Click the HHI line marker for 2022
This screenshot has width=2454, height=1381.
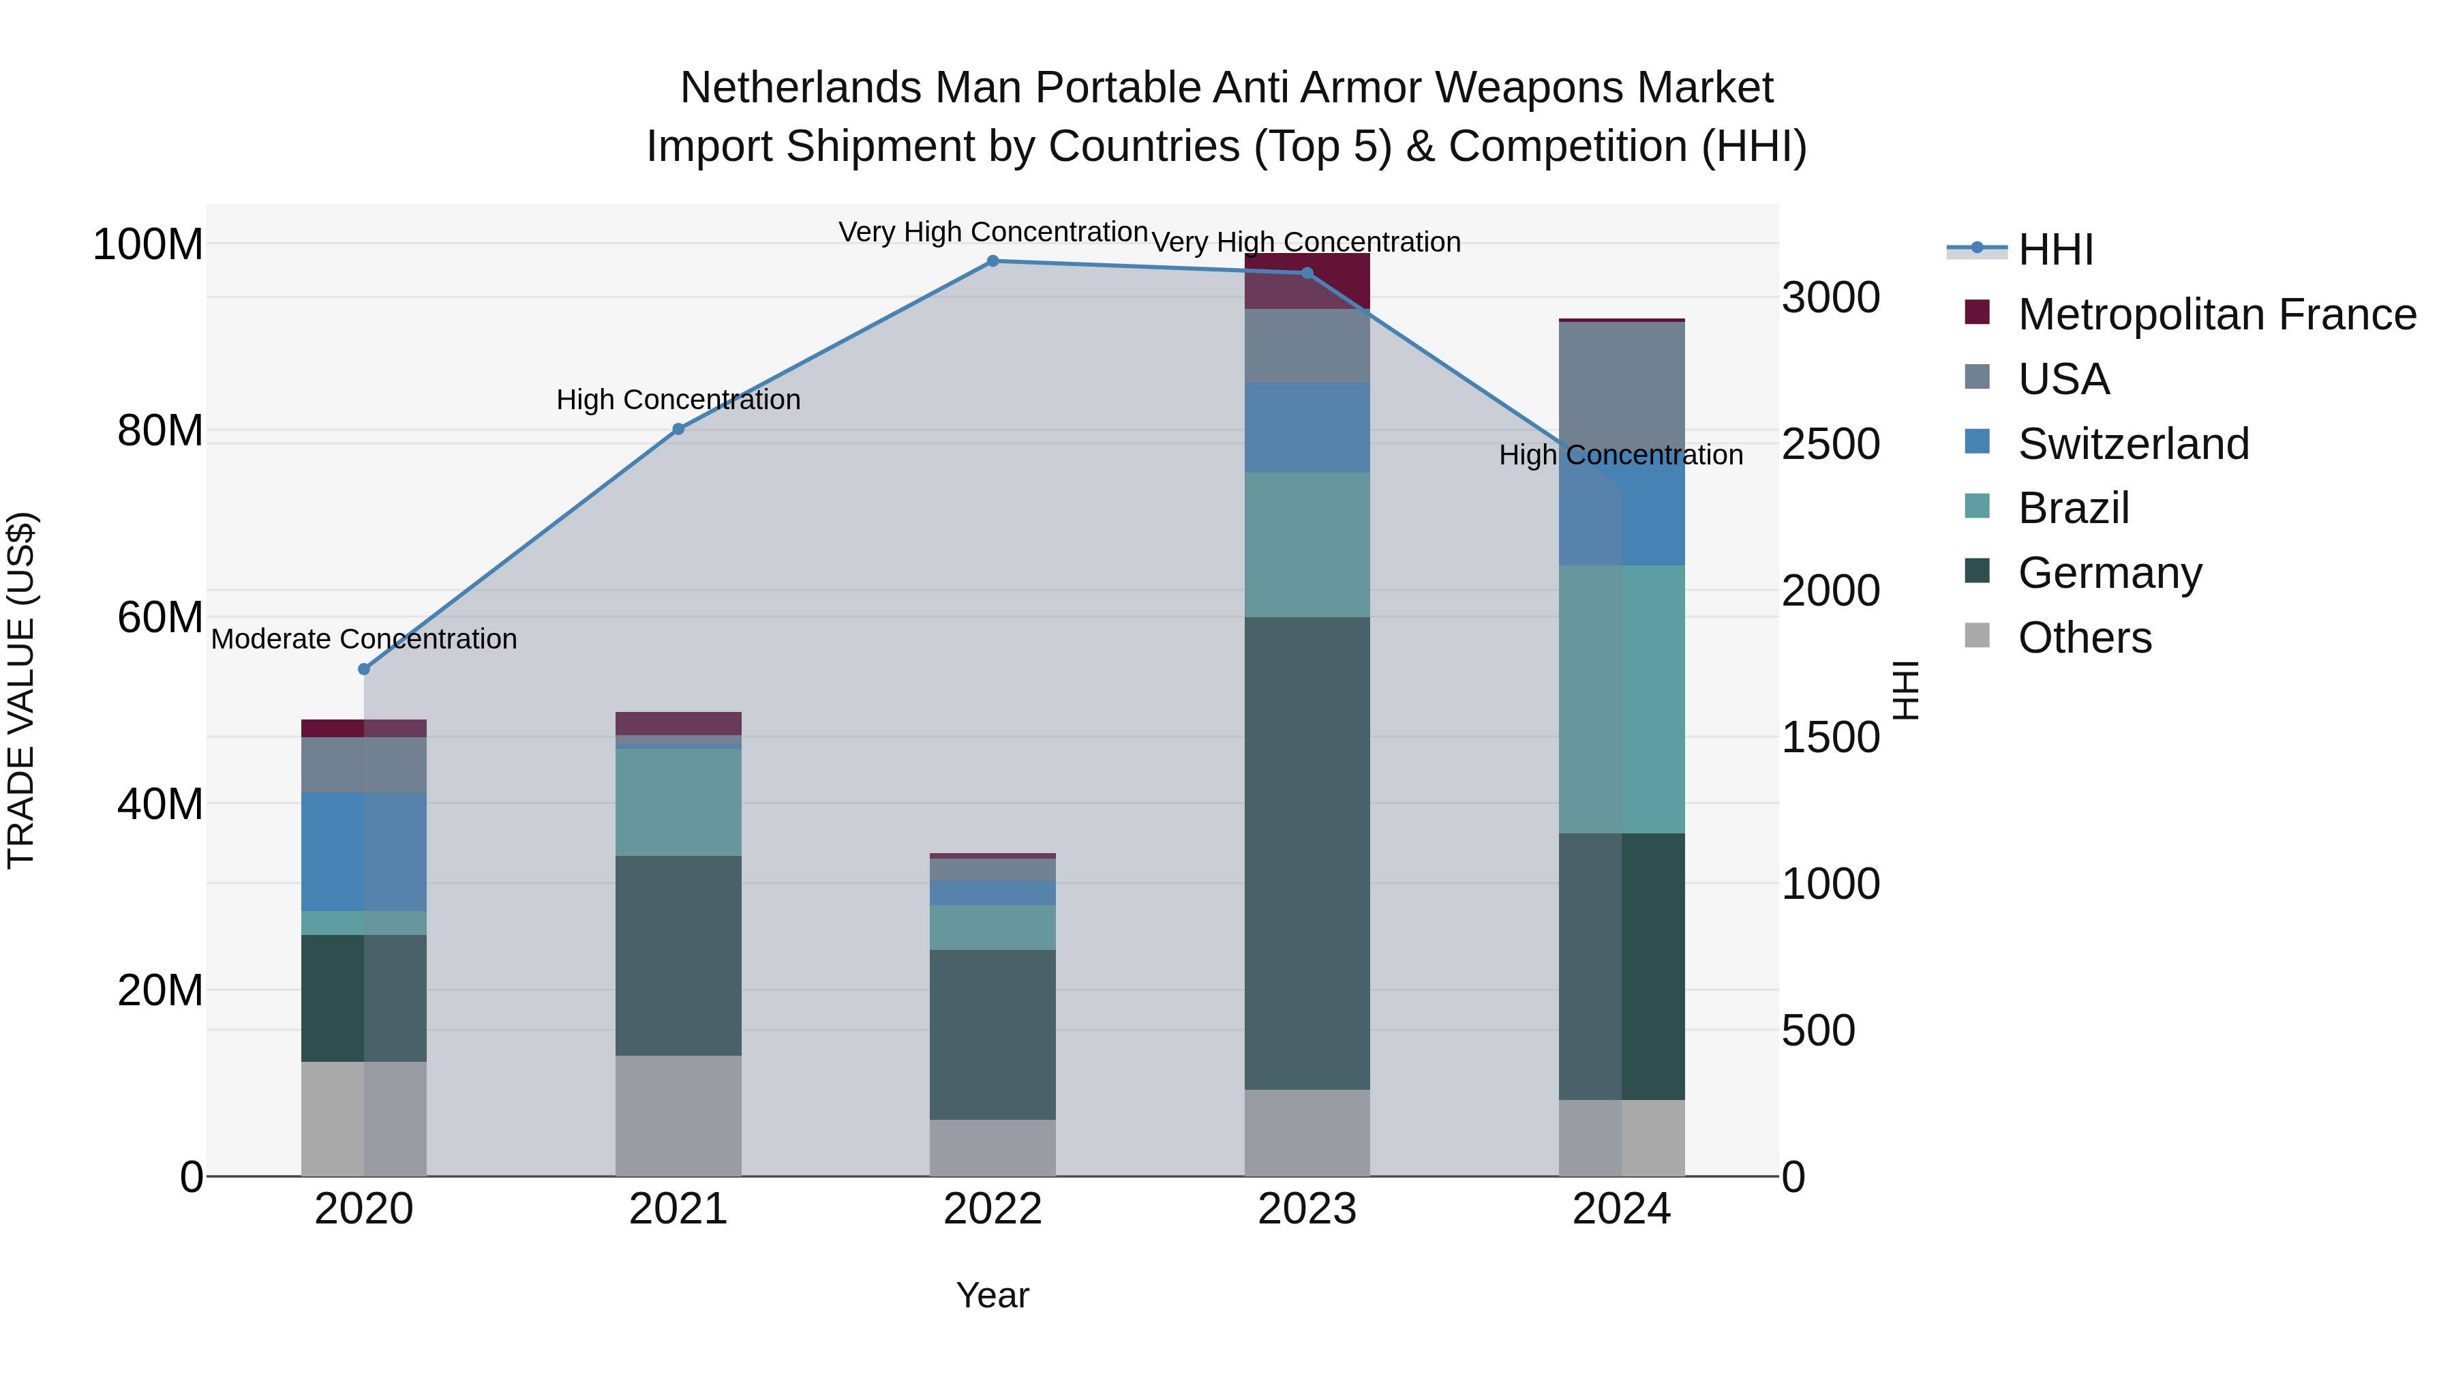(993, 261)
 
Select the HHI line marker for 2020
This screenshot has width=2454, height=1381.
(364, 669)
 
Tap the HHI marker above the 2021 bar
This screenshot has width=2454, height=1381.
(678, 429)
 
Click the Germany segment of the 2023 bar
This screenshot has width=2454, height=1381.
(1307, 853)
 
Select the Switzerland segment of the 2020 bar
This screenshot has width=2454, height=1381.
(364, 851)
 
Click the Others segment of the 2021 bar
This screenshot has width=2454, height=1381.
(678, 1115)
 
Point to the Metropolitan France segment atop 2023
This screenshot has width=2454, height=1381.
(1307, 281)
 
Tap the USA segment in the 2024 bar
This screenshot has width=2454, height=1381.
(1622, 381)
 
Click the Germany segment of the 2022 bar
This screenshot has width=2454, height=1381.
(993, 1034)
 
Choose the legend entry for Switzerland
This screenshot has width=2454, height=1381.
(2132, 444)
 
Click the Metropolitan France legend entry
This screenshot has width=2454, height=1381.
(2216, 314)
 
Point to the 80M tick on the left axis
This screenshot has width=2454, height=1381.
(160, 431)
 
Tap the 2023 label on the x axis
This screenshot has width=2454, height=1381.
(1307, 1209)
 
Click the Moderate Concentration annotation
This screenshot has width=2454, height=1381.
(364, 638)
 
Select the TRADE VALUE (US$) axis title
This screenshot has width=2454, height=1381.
(21, 690)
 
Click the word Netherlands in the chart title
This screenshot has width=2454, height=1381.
(800, 88)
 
